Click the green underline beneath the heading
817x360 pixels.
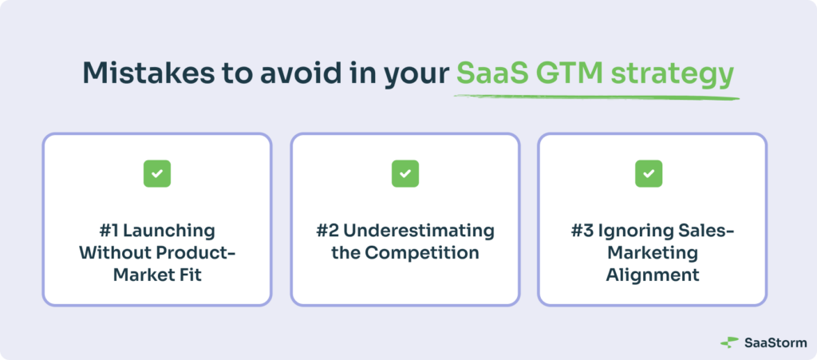[x=596, y=97]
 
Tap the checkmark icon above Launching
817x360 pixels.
[x=157, y=174]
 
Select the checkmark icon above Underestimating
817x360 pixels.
[x=405, y=174]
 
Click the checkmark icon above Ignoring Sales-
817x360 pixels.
[x=649, y=174]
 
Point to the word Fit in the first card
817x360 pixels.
[x=191, y=275]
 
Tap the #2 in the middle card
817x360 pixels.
[x=328, y=231]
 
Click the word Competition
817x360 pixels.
[x=421, y=254]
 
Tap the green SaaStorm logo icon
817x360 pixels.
[x=729, y=342]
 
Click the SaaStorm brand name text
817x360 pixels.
[x=776, y=342]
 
